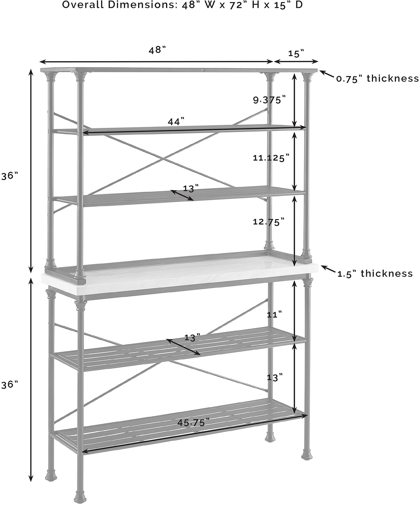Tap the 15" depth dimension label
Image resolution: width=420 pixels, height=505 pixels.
point(296,54)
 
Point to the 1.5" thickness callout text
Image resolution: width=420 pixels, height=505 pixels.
point(375,274)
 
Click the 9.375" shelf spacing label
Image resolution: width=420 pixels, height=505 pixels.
point(269,100)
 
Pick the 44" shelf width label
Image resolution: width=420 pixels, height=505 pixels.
point(176,121)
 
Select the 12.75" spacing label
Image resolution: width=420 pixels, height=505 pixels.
point(268,222)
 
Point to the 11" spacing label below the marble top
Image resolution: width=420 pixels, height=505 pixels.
point(274,315)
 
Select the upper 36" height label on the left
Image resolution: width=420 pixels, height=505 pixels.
point(10,176)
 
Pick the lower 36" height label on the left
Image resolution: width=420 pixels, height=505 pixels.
point(10,384)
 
